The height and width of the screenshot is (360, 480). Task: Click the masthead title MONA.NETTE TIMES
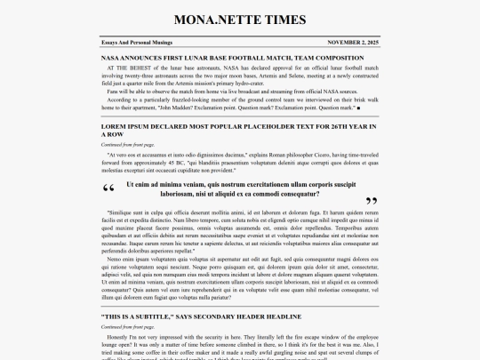(240, 20)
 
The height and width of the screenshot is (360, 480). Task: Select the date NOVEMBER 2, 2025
(353, 42)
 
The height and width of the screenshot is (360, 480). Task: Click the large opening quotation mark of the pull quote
(109, 188)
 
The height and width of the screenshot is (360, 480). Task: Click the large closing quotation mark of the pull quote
(371, 202)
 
